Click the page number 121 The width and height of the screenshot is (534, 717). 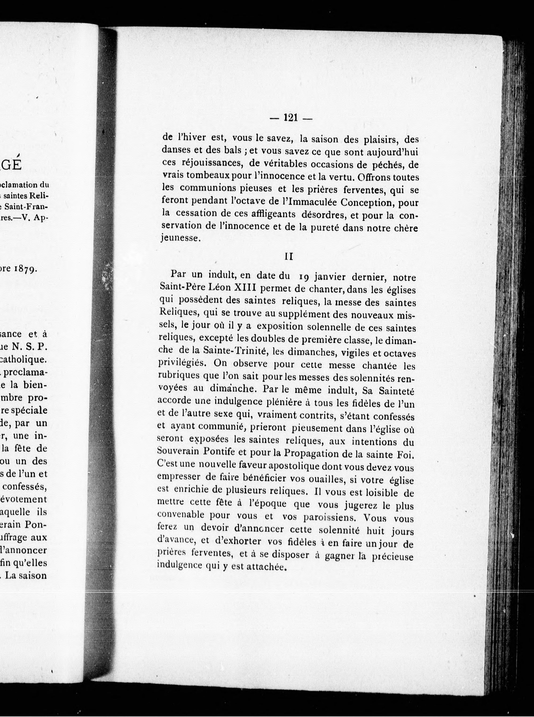tap(290, 118)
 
